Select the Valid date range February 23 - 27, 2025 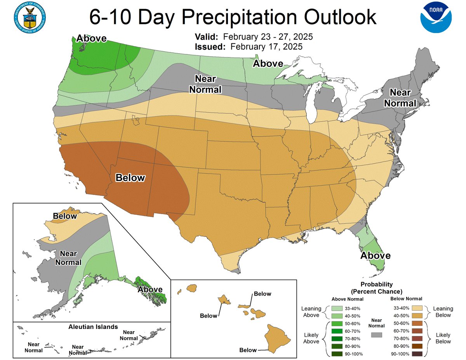click(x=268, y=37)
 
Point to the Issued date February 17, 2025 click(x=266, y=47)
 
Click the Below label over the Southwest click(x=130, y=178)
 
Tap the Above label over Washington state click(x=91, y=38)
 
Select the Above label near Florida click(x=375, y=256)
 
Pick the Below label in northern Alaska click(x=65, y=216)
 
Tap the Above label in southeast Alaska click(x=150, y=289)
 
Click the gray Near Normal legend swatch click(x=377, y=334)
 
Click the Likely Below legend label click(x=443, y=338)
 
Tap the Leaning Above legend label click(x=312, y=312)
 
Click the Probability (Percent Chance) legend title click(x=377, y=288)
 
